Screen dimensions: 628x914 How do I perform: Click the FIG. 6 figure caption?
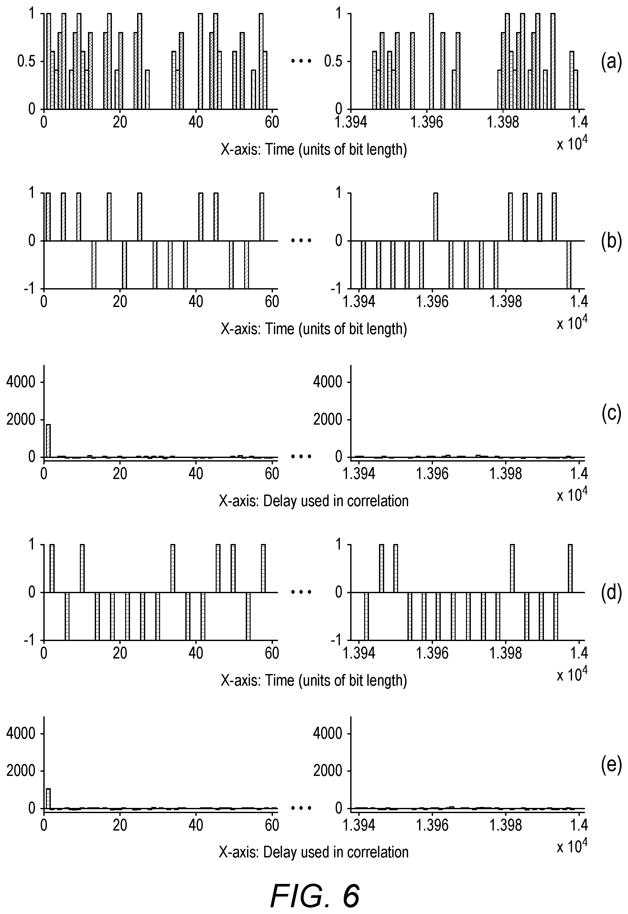pos(315,884)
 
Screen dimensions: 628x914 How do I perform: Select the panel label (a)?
pos(611,62)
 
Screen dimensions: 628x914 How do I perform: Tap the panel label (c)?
pos(611,414)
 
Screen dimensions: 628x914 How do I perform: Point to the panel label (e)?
pos(611,765)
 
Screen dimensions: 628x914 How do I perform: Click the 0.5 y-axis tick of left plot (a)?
pos(27,62)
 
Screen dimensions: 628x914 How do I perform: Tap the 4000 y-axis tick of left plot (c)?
pos(21,382)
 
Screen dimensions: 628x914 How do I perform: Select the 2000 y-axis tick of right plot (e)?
pos(328,771)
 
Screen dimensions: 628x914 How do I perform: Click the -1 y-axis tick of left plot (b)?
pos(31,289)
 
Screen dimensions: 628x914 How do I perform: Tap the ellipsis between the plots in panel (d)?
pos(301,592)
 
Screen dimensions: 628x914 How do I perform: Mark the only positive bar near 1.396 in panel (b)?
pos(435,217)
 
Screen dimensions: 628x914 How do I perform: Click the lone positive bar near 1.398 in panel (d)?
pos(512,568)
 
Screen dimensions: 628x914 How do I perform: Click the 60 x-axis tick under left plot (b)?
pos(272,302)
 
